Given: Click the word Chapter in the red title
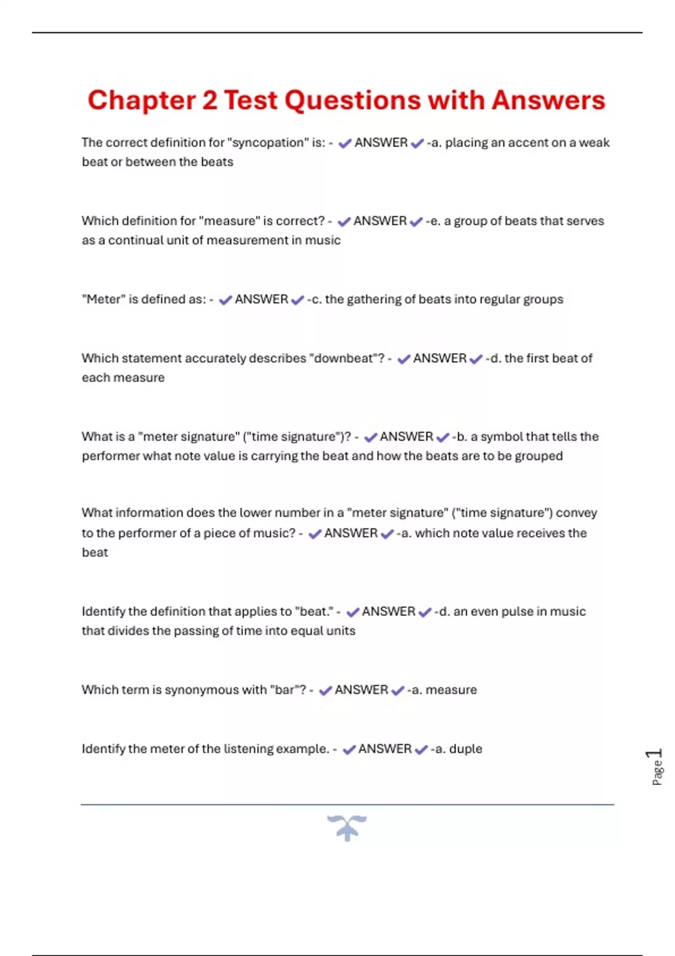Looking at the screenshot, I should click(141, 101).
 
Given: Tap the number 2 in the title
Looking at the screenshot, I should click(209, 101).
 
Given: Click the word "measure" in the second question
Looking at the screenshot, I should click(233, 221).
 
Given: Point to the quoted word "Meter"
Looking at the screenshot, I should click(103, 299).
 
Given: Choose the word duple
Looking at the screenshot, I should click(466, 749).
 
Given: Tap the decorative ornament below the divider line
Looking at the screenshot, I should click(346, 827).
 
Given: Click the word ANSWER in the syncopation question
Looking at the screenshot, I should click(381, 143).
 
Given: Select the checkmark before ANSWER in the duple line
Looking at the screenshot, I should click(349, 750).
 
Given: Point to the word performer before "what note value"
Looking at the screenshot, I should click(110, 456).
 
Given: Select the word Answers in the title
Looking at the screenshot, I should click(548, 101).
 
